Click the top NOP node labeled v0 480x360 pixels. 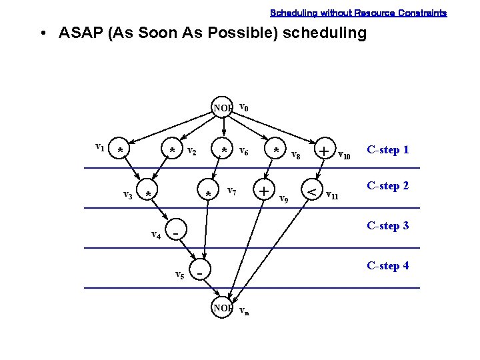(223, 107)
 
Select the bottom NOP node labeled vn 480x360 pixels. (223, 307)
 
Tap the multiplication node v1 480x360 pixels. (120, 150)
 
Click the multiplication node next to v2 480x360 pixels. (172, 150)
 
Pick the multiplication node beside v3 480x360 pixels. (148, 193)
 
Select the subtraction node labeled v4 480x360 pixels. (175, 233)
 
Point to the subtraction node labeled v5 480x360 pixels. (199, 272)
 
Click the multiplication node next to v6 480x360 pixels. (225, 150)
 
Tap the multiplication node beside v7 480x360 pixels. (209, 193)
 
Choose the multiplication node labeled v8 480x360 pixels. (276, 150)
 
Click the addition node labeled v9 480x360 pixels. (265, 191)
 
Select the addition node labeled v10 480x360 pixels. (324, 151)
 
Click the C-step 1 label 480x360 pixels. (387, 149)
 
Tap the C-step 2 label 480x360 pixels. (387, 185)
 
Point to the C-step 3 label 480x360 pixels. (387, 225)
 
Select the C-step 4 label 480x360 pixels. (387, 265)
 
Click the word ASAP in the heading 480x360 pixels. (80, 33)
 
